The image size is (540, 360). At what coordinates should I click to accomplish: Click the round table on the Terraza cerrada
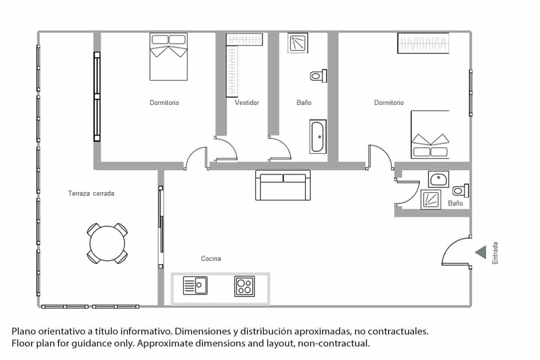point(107,243)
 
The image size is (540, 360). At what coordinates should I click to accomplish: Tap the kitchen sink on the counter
point(195,285)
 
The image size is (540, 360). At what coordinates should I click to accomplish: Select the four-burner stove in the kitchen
point(244,286)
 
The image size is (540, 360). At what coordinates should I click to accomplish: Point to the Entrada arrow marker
point(481,252)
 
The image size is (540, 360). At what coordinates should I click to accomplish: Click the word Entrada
point(495,253)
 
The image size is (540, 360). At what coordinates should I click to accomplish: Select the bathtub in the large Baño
point(318,136)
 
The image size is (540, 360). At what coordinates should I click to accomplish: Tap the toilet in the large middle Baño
point(318,76)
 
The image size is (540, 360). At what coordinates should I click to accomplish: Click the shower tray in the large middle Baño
point(298,43)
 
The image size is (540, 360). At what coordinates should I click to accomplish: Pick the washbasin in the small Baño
point(438,179)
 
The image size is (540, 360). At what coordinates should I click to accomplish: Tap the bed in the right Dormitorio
point(430,134)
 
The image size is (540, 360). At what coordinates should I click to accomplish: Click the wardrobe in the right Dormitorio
point(423,43)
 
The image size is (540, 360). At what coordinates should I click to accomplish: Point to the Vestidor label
point(247,102)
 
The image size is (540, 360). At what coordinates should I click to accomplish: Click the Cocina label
point(211,258)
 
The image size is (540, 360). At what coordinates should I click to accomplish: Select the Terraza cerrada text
point(91,193)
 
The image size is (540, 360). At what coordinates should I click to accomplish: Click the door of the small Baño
point(408,192)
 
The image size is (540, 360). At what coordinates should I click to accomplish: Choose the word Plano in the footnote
point(23,331)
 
